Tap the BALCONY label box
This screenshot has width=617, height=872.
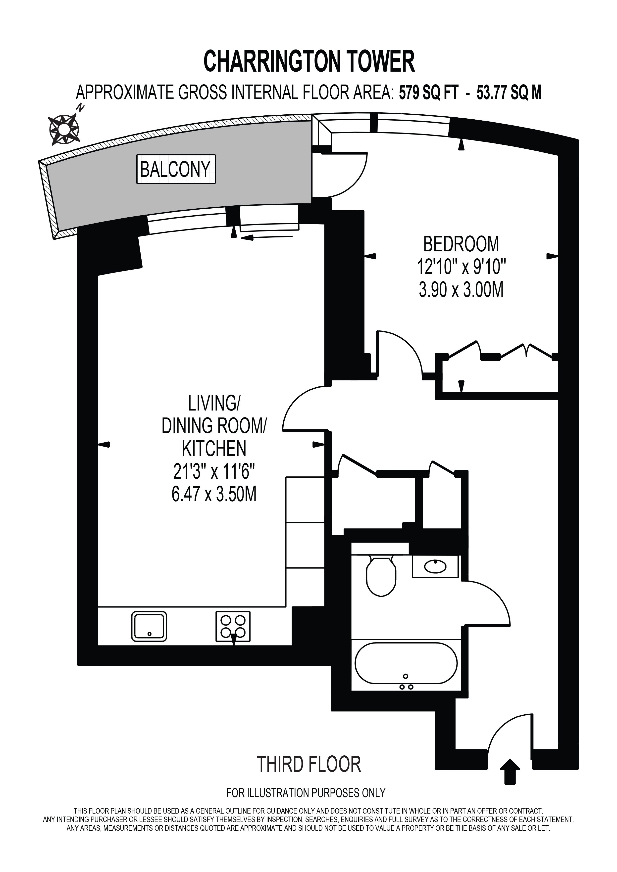coord(176,169)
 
